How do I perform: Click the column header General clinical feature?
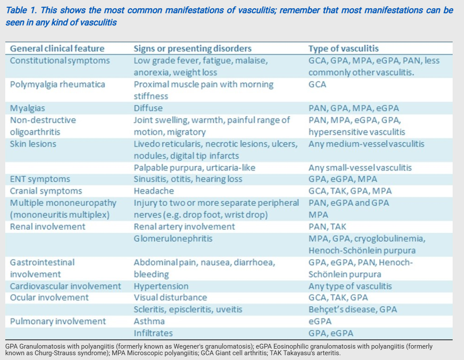pyautogui.click(x=57, y=48)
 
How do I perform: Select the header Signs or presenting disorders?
pyautogui.click(x=192, y=48)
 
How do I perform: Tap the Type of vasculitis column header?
pyautogui.click(x=343, y=48)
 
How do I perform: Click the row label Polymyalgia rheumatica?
pyautogui.click(x=58, y=84)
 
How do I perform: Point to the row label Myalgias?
pyautogui.click(x=28, y=108)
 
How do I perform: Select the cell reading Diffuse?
pyautogui.click(x=148, y=108)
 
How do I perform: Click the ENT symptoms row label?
pyautogui.click(x=40, y=179)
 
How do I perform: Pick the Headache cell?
pyautogui.click(x=154, y=191)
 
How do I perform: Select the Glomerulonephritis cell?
pyautogui.click(x=173, y=239)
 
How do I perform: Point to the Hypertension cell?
pyautogui.click(x=161, y=286)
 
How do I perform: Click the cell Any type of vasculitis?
pyautogui.click(x=350, y=286)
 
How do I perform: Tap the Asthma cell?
pyautogui.click(x=149, y=322)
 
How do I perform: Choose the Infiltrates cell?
pyautogui.click(x=153, y=333)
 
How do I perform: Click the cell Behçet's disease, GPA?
pyautogui.click(x=353, y=310)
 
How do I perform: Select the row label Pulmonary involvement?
pyautogui.click(x=58, y=322)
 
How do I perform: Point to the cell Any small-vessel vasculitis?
pyautogui.click(x=360, y=167)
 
